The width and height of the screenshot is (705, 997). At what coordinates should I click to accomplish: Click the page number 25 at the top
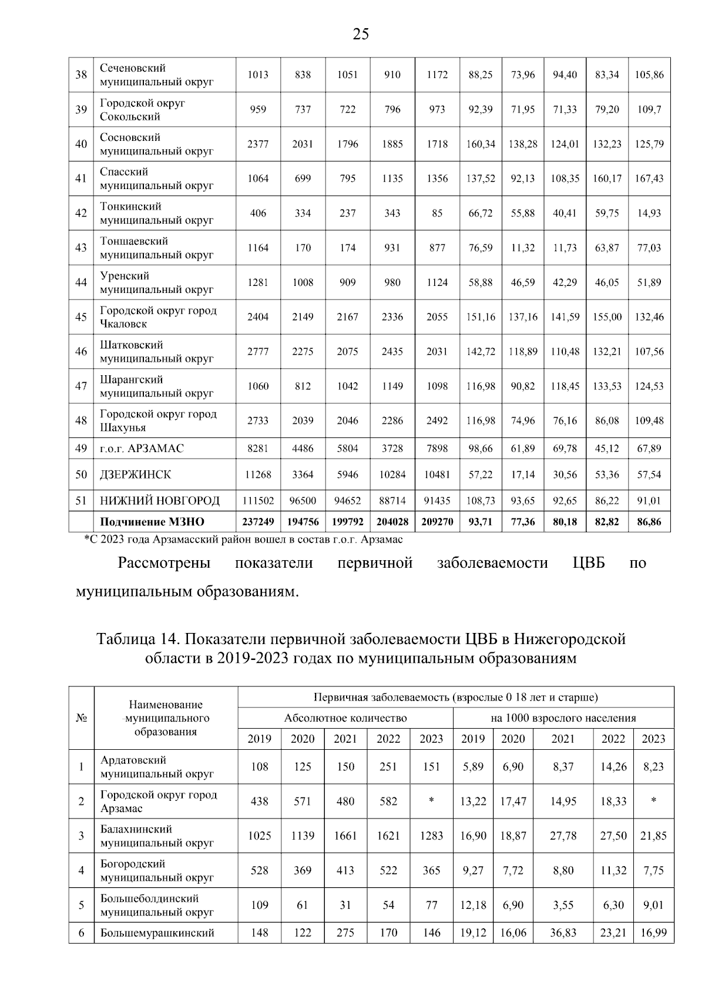pos(361,34)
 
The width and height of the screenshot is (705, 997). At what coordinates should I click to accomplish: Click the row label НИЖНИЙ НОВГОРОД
pos(159,500)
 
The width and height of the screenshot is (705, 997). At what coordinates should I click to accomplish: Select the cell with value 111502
pos(258,500)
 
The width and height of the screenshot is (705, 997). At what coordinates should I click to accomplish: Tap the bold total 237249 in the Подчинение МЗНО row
pos(258,521)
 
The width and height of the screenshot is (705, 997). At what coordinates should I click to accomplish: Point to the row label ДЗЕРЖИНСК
pos(135,474)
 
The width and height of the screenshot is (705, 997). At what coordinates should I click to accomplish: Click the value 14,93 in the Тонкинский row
pos(649,213)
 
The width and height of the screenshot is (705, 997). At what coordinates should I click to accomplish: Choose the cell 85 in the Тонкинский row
pos(437,213)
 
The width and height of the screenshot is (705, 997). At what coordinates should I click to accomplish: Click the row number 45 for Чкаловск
pos(81,317)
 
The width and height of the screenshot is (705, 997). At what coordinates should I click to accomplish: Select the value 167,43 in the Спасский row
pos(649,178)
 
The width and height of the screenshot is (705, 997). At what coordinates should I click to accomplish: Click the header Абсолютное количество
pos(345,718)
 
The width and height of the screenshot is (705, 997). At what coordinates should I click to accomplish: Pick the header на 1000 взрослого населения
pos(563,718)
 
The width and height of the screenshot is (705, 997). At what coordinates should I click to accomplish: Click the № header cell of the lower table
pos(81,718)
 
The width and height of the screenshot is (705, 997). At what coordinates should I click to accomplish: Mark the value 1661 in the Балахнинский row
pos(345,836)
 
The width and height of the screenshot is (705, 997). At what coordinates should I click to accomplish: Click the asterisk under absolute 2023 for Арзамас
pos(431,801)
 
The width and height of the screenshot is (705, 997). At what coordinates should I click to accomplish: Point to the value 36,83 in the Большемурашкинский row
pos(563,932)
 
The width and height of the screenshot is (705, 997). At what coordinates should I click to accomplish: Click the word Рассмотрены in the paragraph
pos(164,563)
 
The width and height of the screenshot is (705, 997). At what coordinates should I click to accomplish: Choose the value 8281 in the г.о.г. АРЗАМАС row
pos(258,449)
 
